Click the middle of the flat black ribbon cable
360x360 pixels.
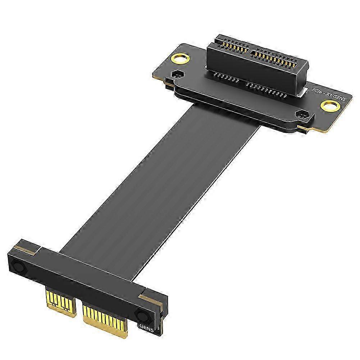(162, 180)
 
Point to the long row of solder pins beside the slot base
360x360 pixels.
(268, 90)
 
